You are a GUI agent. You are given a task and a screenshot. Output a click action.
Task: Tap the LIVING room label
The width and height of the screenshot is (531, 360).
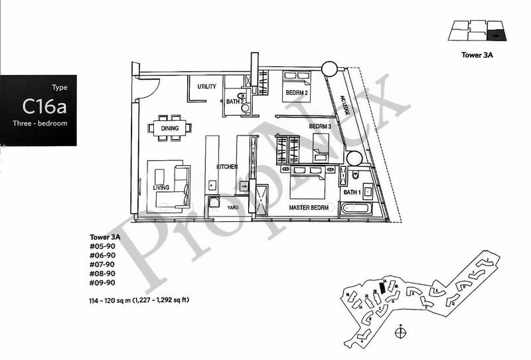[x=161, y=187]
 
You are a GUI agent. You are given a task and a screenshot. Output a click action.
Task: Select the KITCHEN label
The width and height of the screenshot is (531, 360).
[x=226, y=167]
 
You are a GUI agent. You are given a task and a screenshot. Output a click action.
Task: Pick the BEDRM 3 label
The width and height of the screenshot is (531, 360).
[x=319, y=126]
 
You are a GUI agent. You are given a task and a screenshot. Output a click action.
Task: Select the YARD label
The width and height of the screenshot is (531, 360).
[x=233, y=207]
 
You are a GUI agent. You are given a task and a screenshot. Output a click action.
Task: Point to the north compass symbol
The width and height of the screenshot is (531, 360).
[x=402, y=330]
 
